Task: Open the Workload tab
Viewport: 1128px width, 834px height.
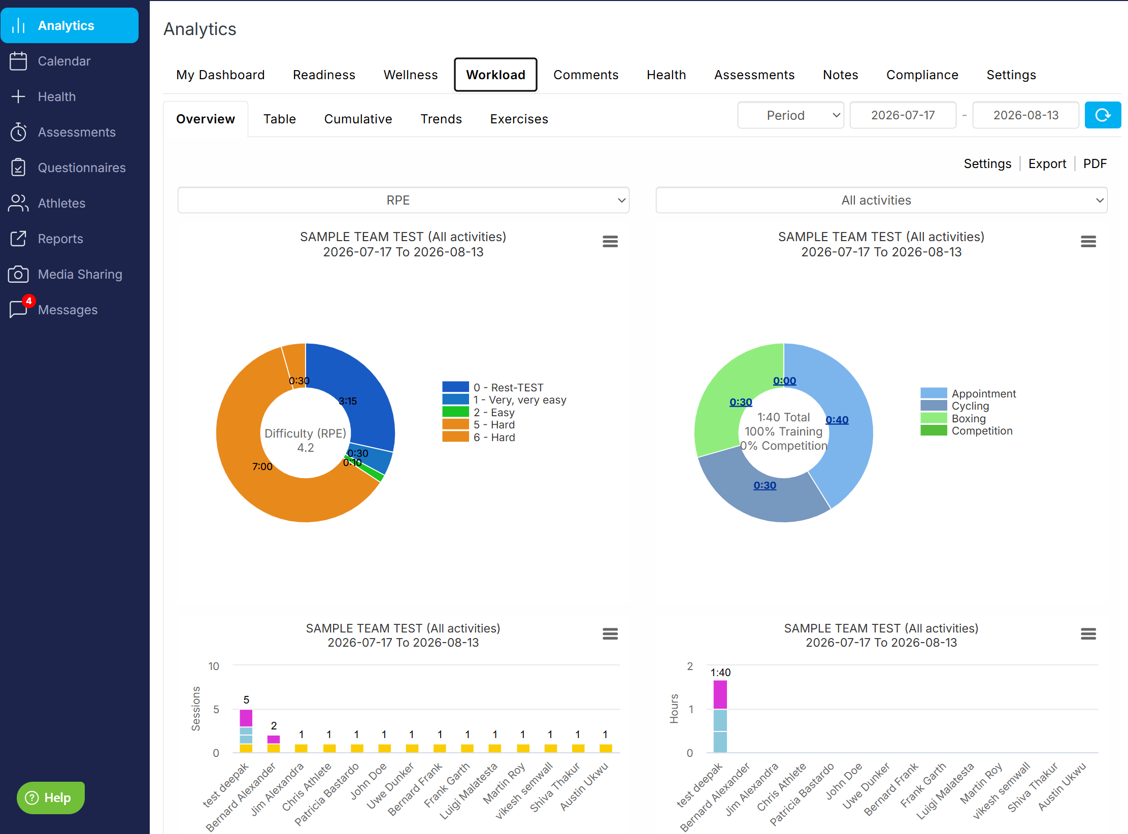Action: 495,75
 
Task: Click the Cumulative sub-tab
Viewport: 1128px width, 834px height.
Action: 358,119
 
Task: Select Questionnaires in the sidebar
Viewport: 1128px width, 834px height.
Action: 81,168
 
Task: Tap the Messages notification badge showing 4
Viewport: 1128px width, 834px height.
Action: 29,301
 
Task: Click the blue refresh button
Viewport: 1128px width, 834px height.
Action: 1103,115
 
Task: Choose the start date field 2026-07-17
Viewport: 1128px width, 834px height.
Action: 903,115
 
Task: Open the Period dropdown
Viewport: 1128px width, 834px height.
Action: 790,115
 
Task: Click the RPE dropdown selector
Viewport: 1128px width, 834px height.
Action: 403,200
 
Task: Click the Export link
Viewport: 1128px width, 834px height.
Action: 1047,163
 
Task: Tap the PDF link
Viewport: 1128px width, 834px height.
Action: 1094,163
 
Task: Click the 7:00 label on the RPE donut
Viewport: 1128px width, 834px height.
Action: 262,466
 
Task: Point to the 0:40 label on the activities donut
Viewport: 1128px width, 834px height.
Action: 837,420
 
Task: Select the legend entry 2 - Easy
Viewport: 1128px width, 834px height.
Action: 478,412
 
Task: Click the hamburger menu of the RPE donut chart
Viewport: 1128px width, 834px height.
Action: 610,242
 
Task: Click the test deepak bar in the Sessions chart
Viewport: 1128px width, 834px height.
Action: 246,731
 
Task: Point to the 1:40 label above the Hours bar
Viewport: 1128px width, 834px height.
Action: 720,673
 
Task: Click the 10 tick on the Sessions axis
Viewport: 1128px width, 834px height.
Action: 214,666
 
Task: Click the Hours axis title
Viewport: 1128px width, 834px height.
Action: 674,709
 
